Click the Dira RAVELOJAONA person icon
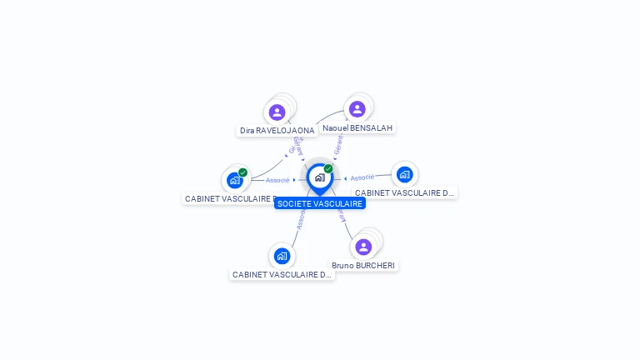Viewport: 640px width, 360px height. (277, 112)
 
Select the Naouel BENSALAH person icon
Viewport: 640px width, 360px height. (357, 109)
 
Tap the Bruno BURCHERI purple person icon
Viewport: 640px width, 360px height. (363, 247)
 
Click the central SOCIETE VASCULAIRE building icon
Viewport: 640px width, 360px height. (319, 177)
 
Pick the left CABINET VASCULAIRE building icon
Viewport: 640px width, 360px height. (234, 180)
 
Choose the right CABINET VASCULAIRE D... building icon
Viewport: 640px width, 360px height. (404, 174)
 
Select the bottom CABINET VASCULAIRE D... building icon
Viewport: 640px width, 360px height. (282, 256)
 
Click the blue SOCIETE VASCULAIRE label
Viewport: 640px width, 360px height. (320, 203)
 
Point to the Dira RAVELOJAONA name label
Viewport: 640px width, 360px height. (277, 131)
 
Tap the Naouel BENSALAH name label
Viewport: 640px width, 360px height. (357, 127)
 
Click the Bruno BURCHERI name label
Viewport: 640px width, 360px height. (364, 265)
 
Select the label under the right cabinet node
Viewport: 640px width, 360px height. (405, 192)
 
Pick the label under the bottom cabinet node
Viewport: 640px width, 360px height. (282, 274)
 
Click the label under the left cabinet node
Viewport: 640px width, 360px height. (230, 198)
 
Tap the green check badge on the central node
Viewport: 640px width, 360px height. (328, 169)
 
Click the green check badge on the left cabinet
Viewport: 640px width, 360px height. (242, 172)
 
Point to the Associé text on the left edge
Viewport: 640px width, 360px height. (277, 180)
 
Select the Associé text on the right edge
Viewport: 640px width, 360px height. (362, 177)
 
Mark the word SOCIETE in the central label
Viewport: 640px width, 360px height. (293, 203)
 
